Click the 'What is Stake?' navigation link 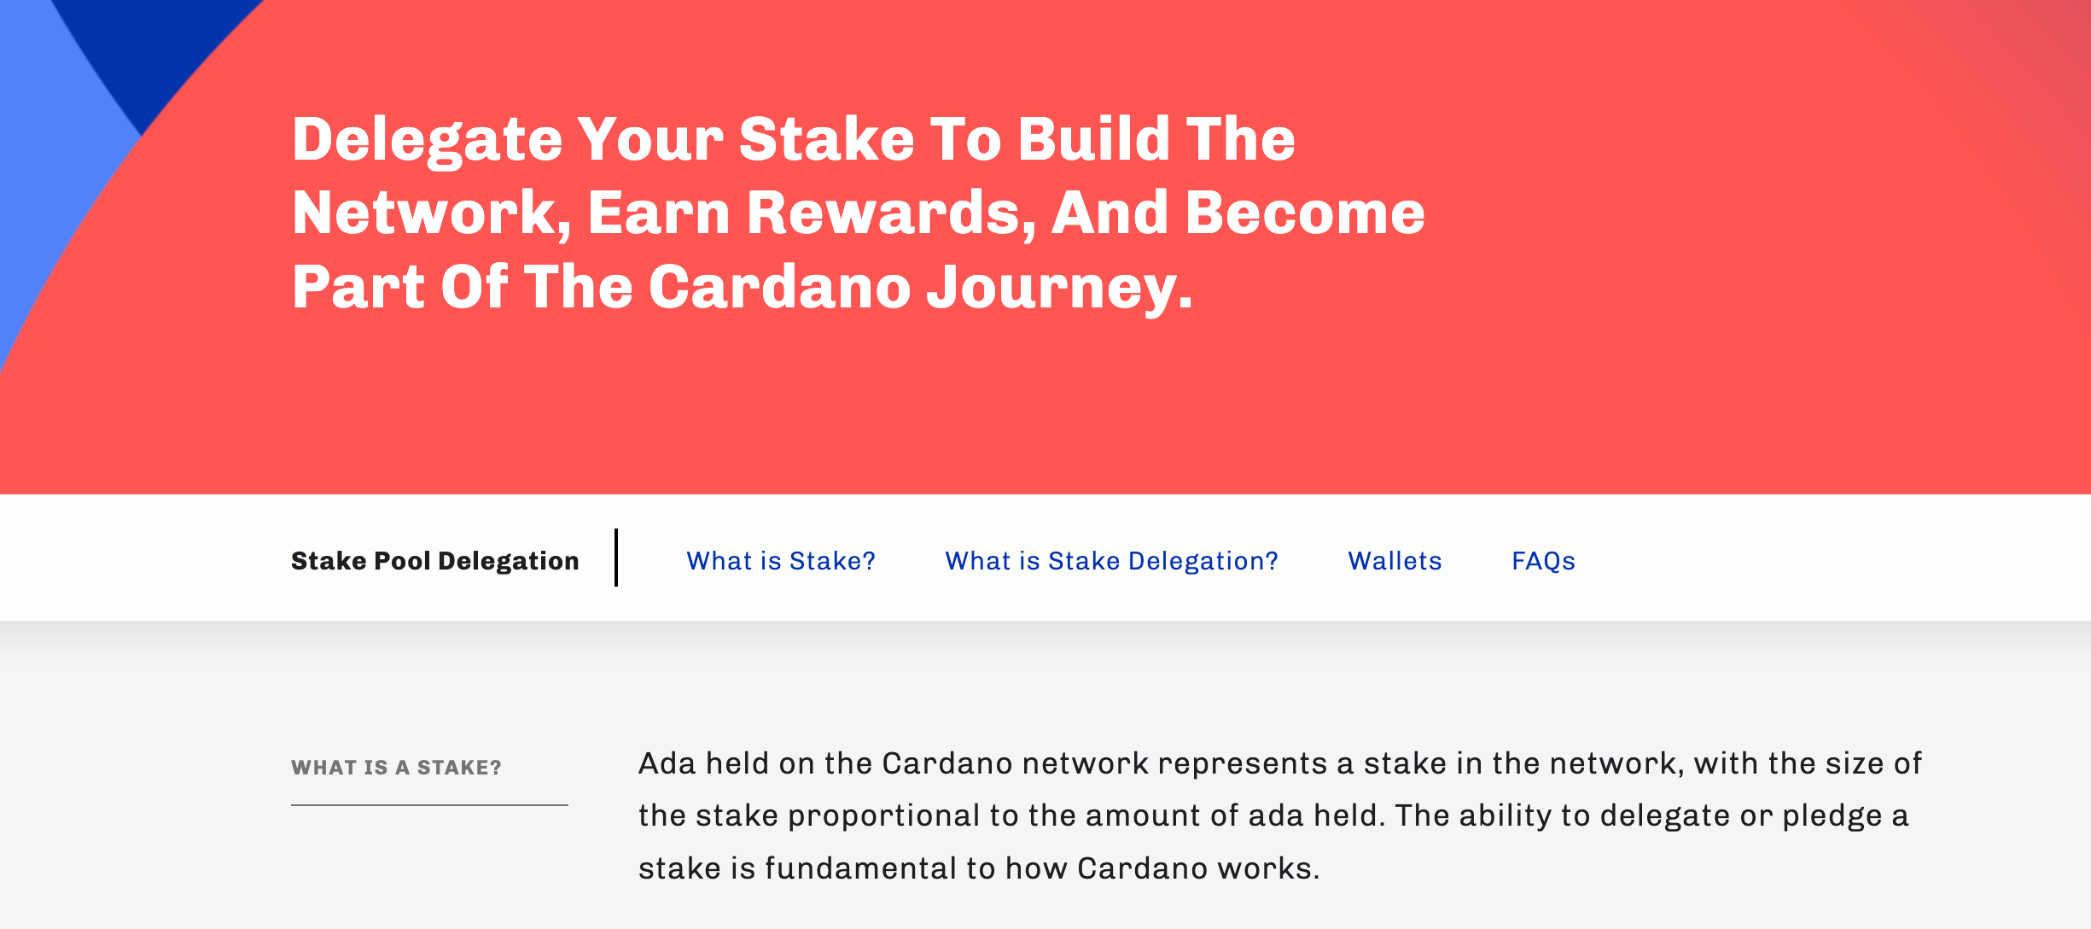tap(781, 561)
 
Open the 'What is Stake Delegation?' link tap(1111, 561)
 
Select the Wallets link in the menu tap(1395, 561)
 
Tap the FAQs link tap(1543, 561)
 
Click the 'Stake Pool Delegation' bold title tap(435, 561)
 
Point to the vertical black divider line tap(616, 558)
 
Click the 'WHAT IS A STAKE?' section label tap(396, 768)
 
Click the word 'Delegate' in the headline tap(428, 140)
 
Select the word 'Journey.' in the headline tap(1060, 289)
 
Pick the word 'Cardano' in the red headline tap(780, 287)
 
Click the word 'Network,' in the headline tap(432, 213)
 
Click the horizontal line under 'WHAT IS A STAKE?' tap(429, 804)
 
